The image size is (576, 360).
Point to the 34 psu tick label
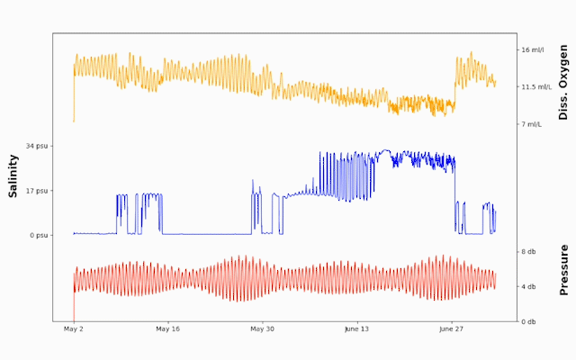pyautogui.click(x=37, y=146)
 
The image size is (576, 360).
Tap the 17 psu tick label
pyautogui.click(x=37, y=191)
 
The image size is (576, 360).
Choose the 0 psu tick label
pyautogui.click(x=39, y=236)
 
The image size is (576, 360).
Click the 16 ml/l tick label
pyautogui.click(x=535, y=50)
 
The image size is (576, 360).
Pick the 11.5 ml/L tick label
pyautogui.click(x=538, y=87)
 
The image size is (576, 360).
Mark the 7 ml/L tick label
pyautogui.click(x=533, y=124)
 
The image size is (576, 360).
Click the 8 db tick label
pyautogui.click(x=530, y=252)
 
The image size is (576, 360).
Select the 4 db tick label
pyautogui.click(x=530, y=287)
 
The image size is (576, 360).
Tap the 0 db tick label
pyautogui.click(x=530, y=322)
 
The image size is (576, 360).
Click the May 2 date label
pyautogui.click(x=74, y=330)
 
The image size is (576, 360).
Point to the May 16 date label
pyautogui.click(x=168, y=330)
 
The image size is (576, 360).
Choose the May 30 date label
pyautogui.click(x=262, y=330)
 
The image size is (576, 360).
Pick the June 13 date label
pyautogui.click(x=357, y=330)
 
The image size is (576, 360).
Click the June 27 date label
pyautogui.click(x=451, y=330)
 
